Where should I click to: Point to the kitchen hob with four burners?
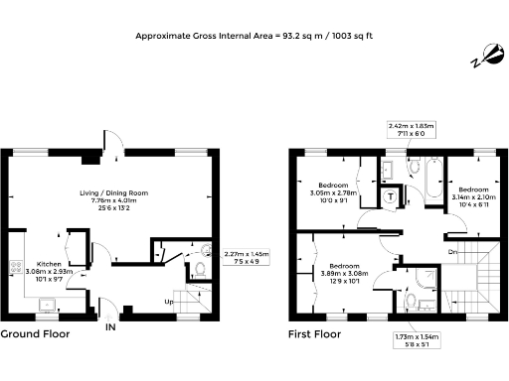click(16, 267)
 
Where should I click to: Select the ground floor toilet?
click(199, 268)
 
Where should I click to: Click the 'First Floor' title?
click(314, 334)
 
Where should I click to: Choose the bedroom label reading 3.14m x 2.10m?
click(472, 195)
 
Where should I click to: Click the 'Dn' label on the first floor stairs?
click(453, 251)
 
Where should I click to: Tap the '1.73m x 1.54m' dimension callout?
click(418, 341)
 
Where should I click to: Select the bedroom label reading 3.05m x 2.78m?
click(333, 191)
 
